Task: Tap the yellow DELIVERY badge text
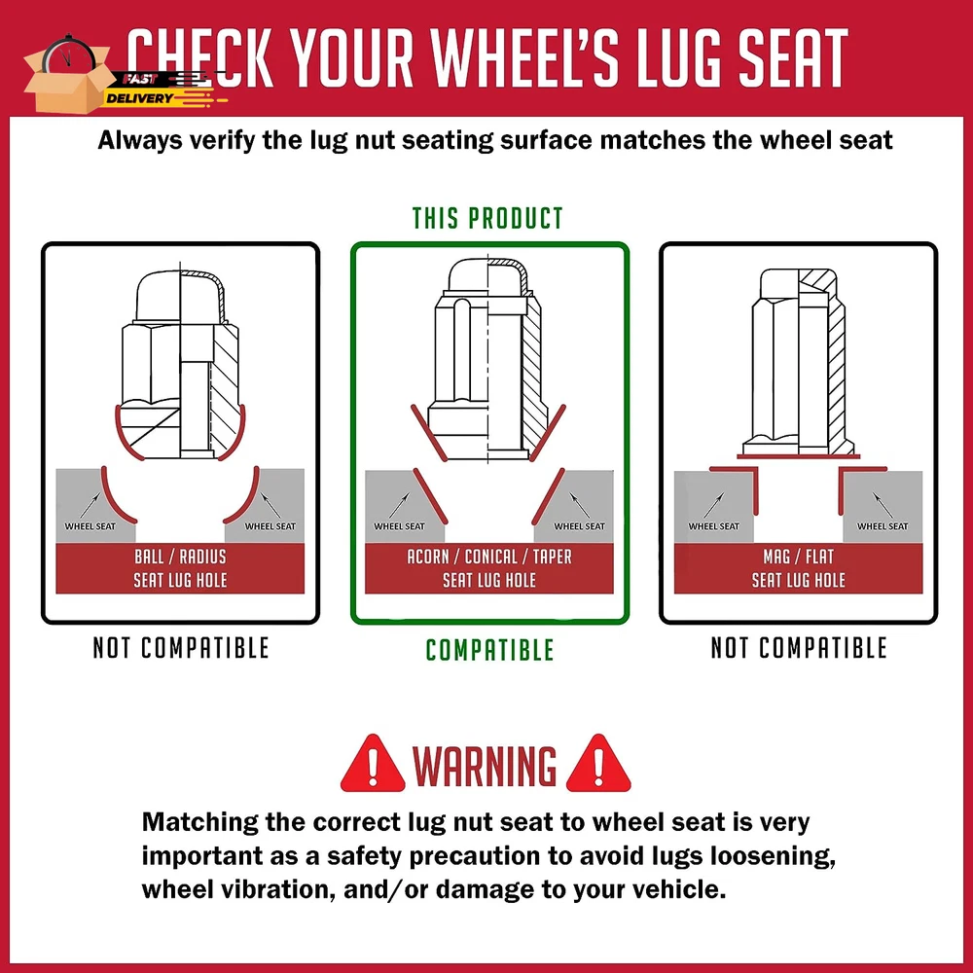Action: pyautogui.click(x=139, y=98)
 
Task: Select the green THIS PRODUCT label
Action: pyautogui.click(x=487, y=218)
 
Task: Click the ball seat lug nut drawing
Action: pyautogui.click(x=181, y=365)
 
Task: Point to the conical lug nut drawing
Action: pyautogui.click(x=488, y=360)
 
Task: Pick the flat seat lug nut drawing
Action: pyautogui.click(x=799, y=363)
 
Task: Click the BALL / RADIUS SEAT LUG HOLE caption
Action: pyautogui.click(x=180, y=568)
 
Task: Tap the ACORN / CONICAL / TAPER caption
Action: pyautogui.click(x=489, y=557)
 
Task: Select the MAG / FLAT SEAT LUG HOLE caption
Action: pyautogui.click(x=799, y=568)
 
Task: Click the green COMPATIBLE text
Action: pyautogui.click(x=489, y=650)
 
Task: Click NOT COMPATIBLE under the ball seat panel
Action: pyautogui.click(x=181, y=648)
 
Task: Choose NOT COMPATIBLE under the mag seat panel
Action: pyautogui.click(x=799, y=648)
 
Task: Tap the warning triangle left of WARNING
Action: pyautogui.click(x=373, y=765)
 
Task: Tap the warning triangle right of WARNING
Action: pyautogui.click(x=598, y=765)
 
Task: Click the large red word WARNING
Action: pyautogui.click(x=485, y=766)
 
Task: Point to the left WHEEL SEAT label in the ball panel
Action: pyautogui.click(x=90, y=526)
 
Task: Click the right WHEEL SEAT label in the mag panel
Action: pyautogui.click(x=883, y=526)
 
